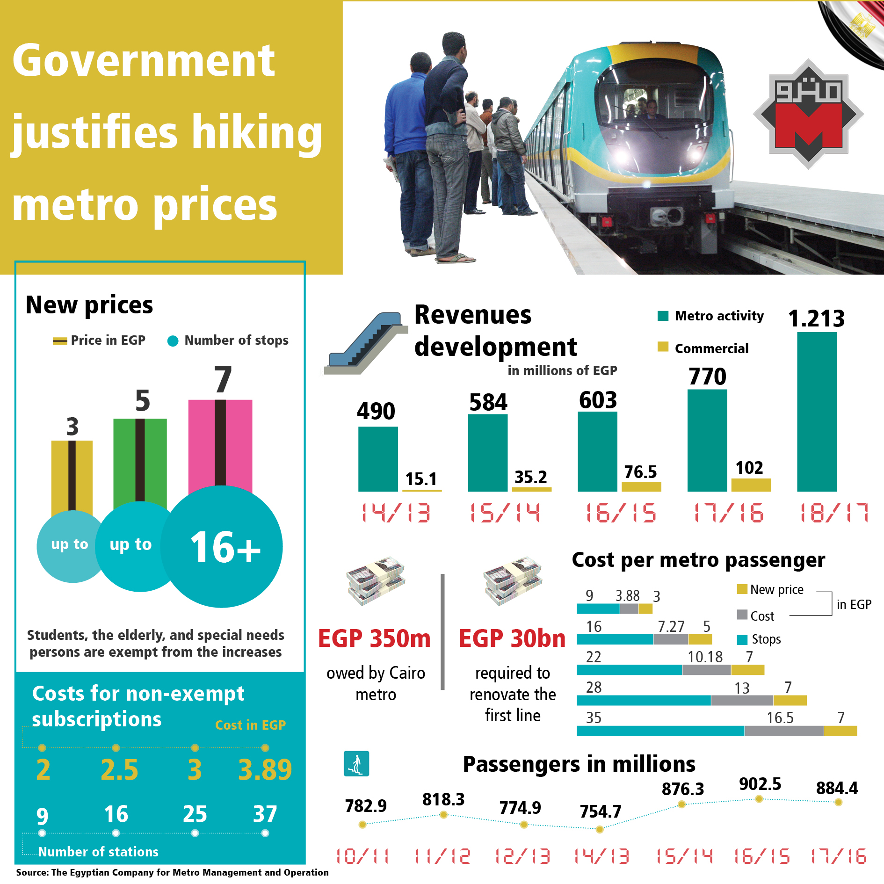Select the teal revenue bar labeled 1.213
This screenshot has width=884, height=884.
click(817, 412)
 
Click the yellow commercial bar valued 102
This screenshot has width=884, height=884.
click(751, 485)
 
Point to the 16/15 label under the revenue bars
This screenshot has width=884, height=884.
click(621, 513)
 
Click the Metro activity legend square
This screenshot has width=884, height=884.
click(663, 316)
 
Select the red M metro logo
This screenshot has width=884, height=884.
click(808, 115)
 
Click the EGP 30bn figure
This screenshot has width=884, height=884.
click(512, 638)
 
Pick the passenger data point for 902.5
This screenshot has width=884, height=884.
click(759, 799)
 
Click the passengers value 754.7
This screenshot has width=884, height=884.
click(601, 812)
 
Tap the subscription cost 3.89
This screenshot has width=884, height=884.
click(265, 770)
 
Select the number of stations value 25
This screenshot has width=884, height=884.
click(195, 814)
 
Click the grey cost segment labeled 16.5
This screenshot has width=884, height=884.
click(784, 731)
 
